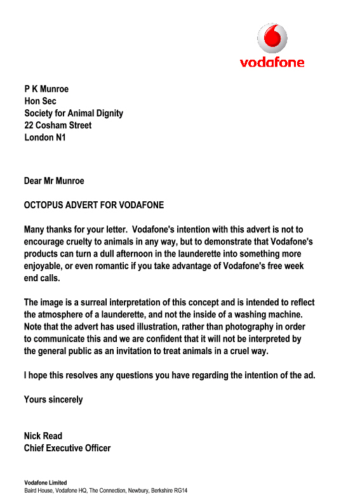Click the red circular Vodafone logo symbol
(272, 37)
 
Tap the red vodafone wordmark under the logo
(272, 62)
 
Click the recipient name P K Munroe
(46, 90)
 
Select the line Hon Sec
(40, 102)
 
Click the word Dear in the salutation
(33, 182)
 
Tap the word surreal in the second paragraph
(86, 302)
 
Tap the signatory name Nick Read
(43, 436)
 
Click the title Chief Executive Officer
(67, 448)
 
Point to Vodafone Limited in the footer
(45, 483)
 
